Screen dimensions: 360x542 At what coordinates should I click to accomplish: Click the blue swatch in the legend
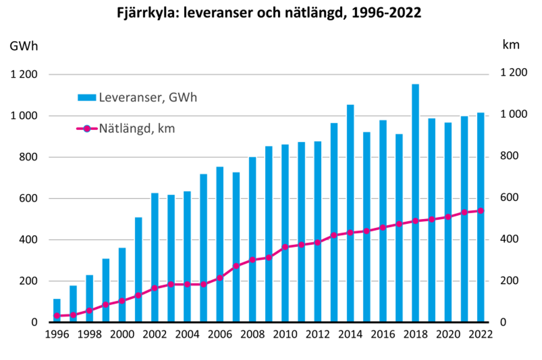(x=86, y=97)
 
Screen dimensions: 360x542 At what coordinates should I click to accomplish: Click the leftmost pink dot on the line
(x=57, y=316)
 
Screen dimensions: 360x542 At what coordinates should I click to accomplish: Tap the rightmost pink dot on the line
(x=481, y=211)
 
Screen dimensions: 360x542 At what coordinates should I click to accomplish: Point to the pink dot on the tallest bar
(x=415, y=221)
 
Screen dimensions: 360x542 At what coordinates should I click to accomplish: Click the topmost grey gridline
(x=269, y=74)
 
